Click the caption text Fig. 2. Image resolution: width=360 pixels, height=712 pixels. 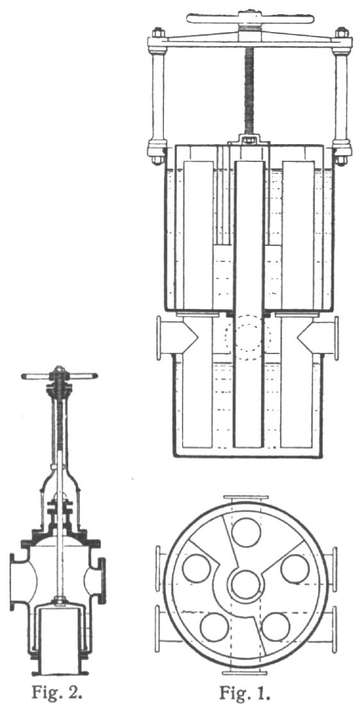[x=57, y=693]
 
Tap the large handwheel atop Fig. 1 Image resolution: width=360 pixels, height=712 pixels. [x=250, y=19]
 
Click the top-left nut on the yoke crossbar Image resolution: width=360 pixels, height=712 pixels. [x=158, y=32]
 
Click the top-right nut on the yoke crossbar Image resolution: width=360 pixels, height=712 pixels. [x=342, y=32]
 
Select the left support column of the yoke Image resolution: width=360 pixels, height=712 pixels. [x=158, y=97]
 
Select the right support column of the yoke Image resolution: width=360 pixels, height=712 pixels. [x=341, y=97]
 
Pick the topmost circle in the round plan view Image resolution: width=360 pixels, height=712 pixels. [x=246, y=532]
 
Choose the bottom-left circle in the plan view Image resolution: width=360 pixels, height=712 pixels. [x=214, y=627]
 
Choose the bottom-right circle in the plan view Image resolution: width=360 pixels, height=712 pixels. [x=276, y=627]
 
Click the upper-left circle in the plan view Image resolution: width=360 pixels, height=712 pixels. [x=197, y=569]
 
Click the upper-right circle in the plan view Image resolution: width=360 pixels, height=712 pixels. [x=295, y=569]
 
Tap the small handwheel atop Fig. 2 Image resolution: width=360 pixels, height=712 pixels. [x=59, y=376]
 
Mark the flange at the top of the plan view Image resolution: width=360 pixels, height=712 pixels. [x=246, y=498]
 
